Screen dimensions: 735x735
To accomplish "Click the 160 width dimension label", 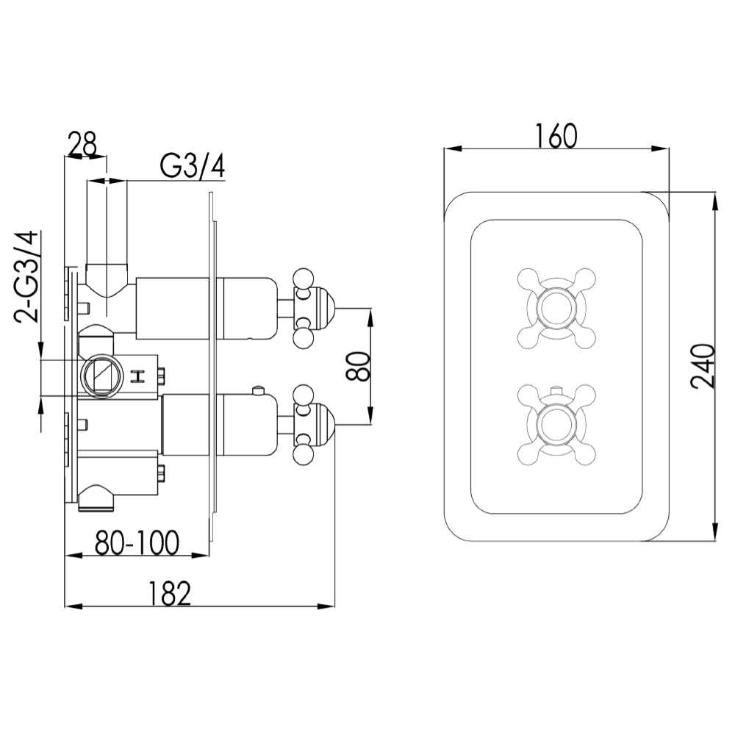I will click(556, 135).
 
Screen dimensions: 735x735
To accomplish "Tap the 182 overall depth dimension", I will click(170, 592).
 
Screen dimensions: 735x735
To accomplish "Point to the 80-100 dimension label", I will click(137, 543).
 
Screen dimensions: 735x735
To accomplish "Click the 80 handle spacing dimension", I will click(357, 365).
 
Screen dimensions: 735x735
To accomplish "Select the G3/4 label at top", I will click(192, 167).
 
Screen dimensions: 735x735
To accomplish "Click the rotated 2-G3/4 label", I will click(27, 278).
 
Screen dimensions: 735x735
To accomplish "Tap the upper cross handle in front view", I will click(556, 306).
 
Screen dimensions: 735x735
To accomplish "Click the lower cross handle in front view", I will click(556, 424).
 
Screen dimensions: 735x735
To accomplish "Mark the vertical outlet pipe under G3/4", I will click(107, 224).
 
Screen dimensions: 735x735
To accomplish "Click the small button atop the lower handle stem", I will click(258, 389).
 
